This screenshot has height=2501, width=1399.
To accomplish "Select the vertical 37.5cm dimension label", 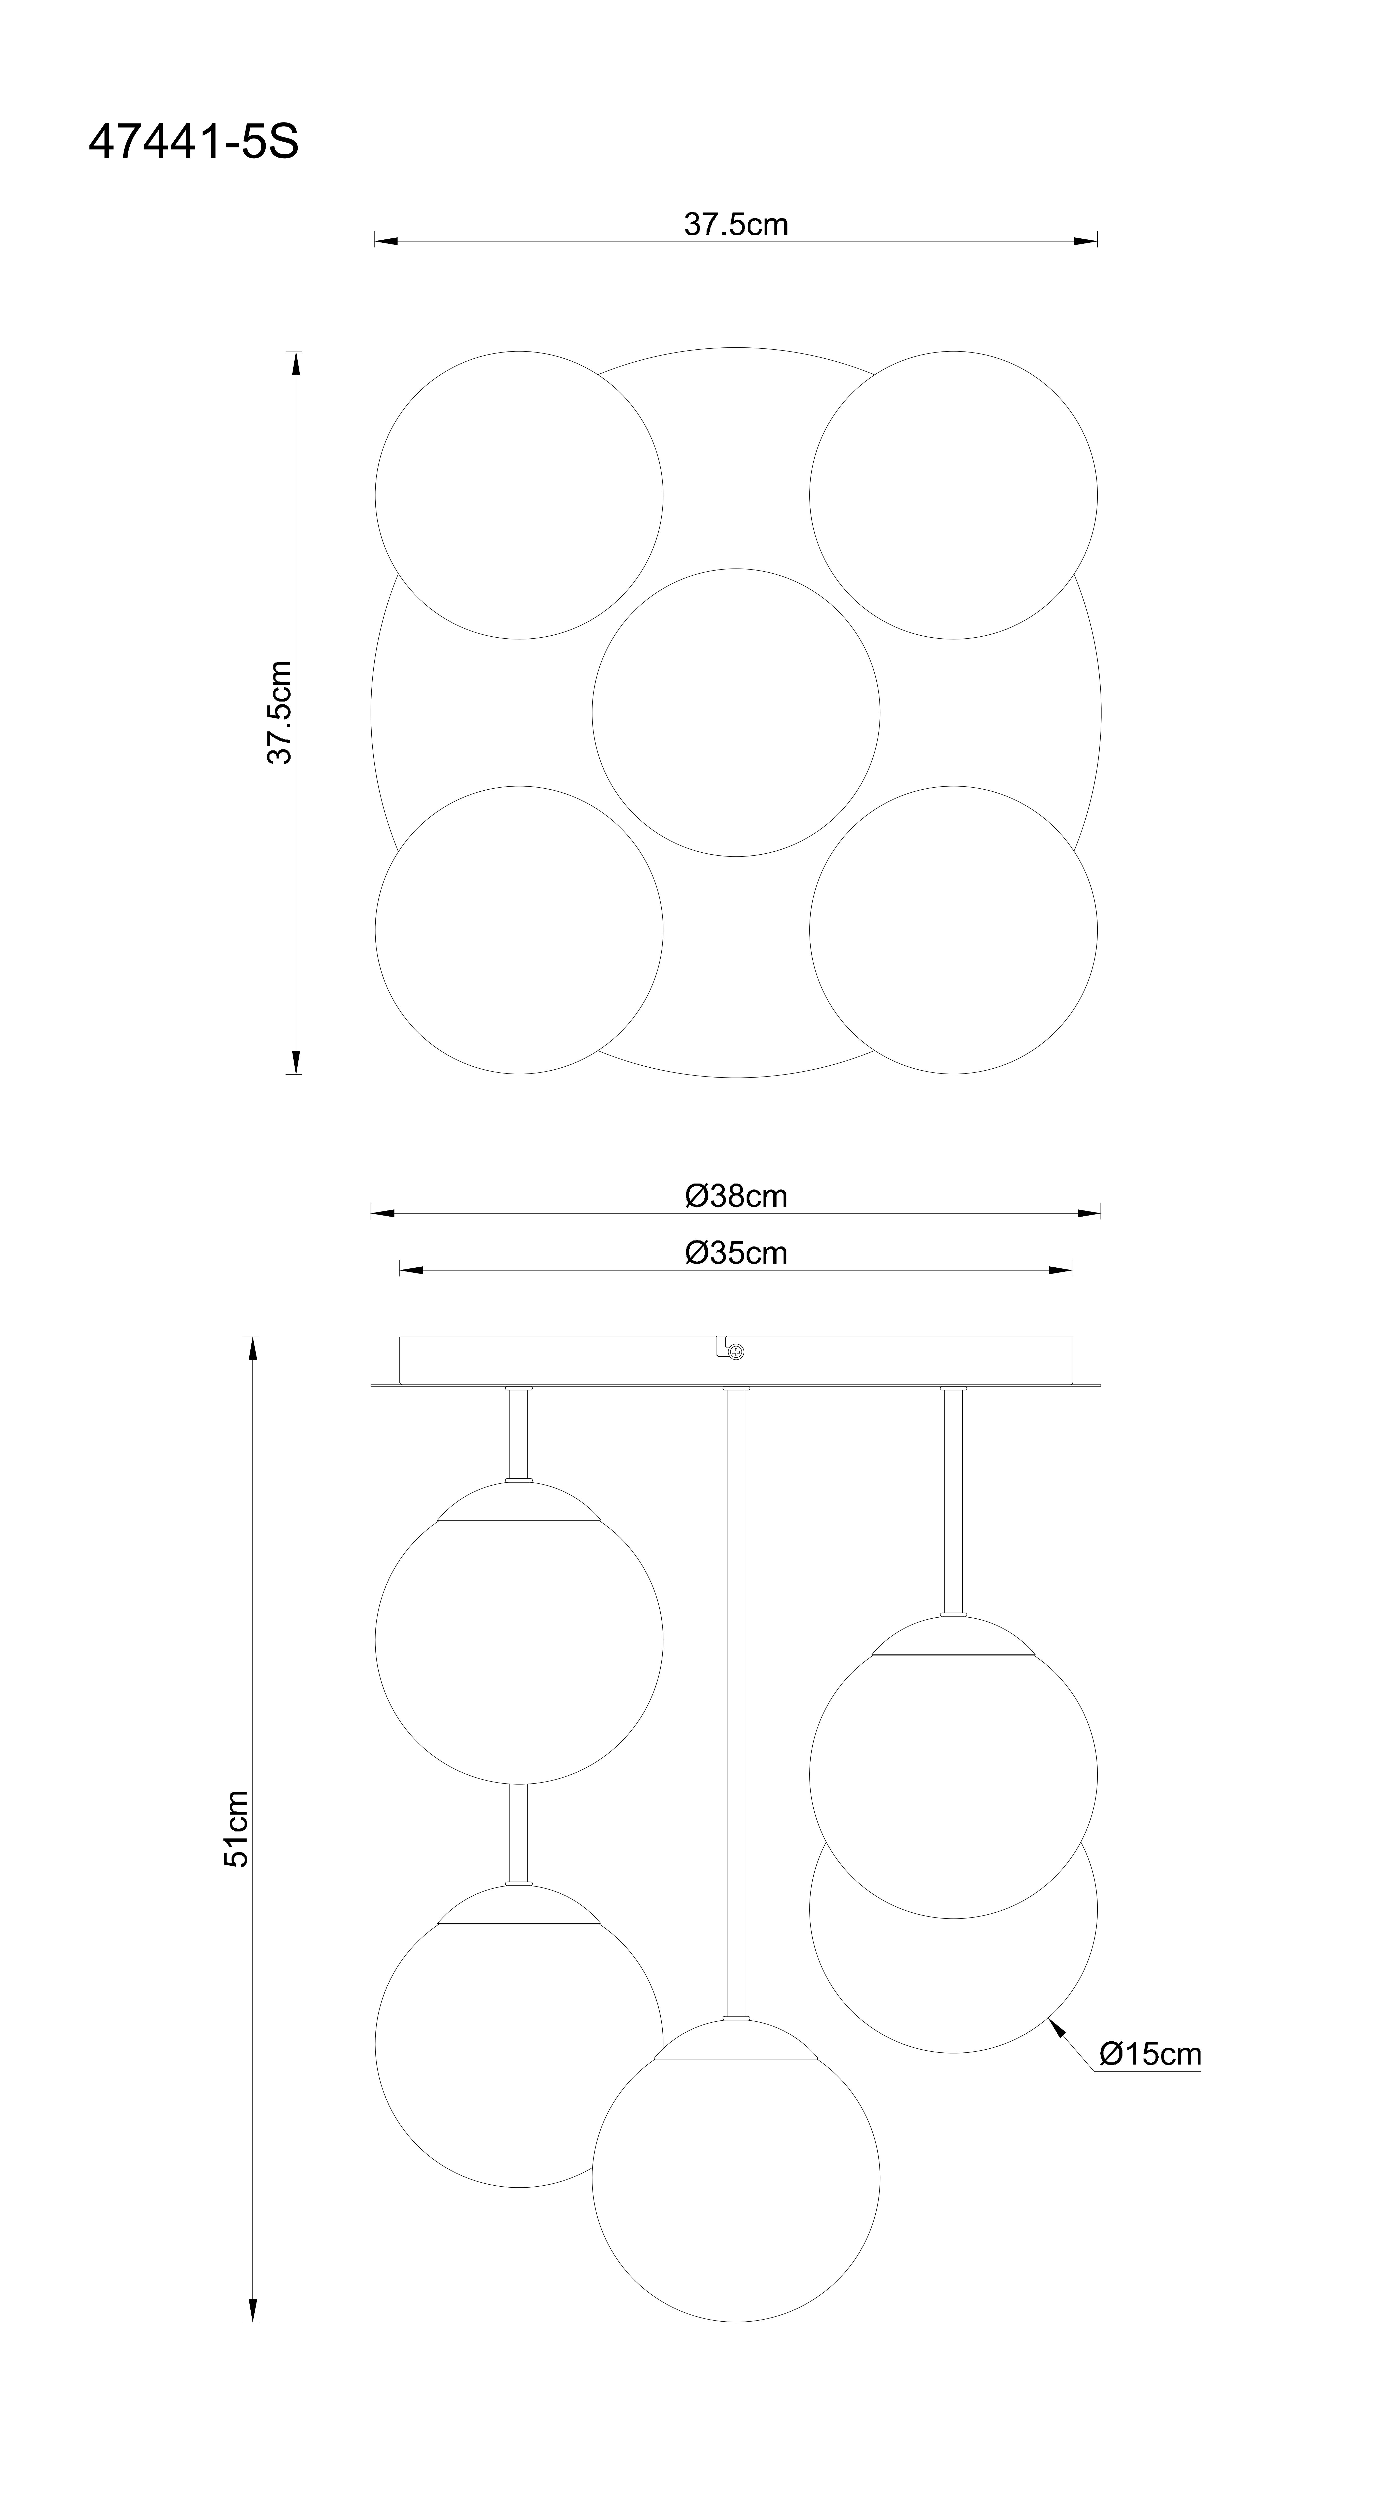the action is coord(280,713).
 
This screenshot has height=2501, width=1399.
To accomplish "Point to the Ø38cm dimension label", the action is coord(736,1196).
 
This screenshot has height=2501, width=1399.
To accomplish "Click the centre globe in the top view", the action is coord(736,713).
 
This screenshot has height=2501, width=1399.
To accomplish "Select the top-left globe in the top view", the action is coord(519,495).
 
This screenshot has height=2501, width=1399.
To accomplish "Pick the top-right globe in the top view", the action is coord(953,495).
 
